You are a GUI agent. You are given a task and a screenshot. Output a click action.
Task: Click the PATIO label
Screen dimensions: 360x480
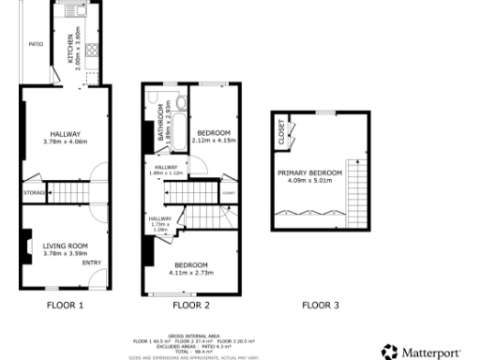[x=36, y=44]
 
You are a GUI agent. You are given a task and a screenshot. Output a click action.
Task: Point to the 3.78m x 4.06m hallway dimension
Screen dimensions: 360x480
[x=66, y=142]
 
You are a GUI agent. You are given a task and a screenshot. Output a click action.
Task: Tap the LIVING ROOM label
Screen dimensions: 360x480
[x=65, y=246]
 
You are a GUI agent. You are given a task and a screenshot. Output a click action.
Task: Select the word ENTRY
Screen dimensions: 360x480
[x=91, y=262]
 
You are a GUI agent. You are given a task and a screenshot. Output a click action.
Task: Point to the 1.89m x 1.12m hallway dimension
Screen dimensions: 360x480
[x=166, y=172]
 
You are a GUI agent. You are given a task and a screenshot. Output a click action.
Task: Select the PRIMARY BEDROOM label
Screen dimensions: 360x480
[x=309, y=173]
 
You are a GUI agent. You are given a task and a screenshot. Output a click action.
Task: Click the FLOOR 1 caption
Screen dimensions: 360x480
[x=66, y=305]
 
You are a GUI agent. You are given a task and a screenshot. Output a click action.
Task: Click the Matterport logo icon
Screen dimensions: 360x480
[x=389, y=352]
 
